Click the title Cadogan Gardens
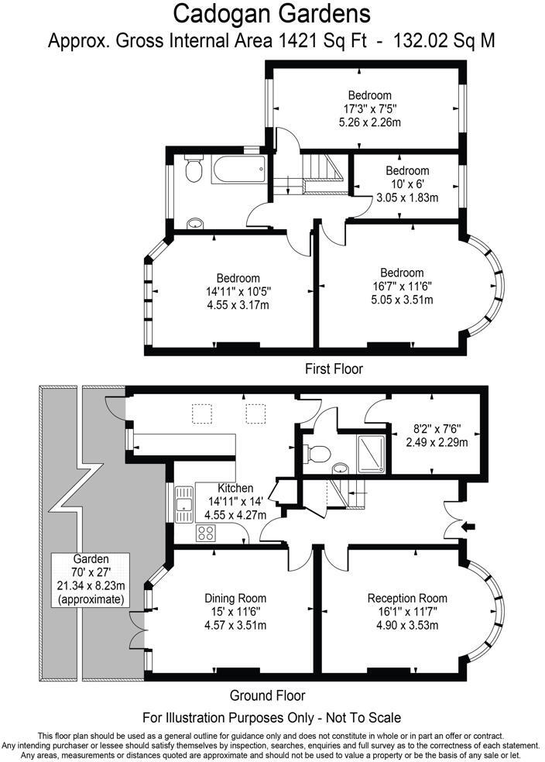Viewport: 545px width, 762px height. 271,13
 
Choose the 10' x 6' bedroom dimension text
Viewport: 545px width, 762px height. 407,184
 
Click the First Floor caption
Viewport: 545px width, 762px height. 334,369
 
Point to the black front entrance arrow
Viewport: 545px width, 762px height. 468,528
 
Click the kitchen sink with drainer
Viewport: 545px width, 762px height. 183,504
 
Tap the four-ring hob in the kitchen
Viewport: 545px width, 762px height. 206,533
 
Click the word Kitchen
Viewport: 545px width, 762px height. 235,489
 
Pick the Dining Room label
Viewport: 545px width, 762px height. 235,598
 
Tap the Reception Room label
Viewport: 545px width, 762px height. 406,598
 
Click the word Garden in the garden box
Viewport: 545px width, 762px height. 91,559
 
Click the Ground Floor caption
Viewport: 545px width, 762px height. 268,695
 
